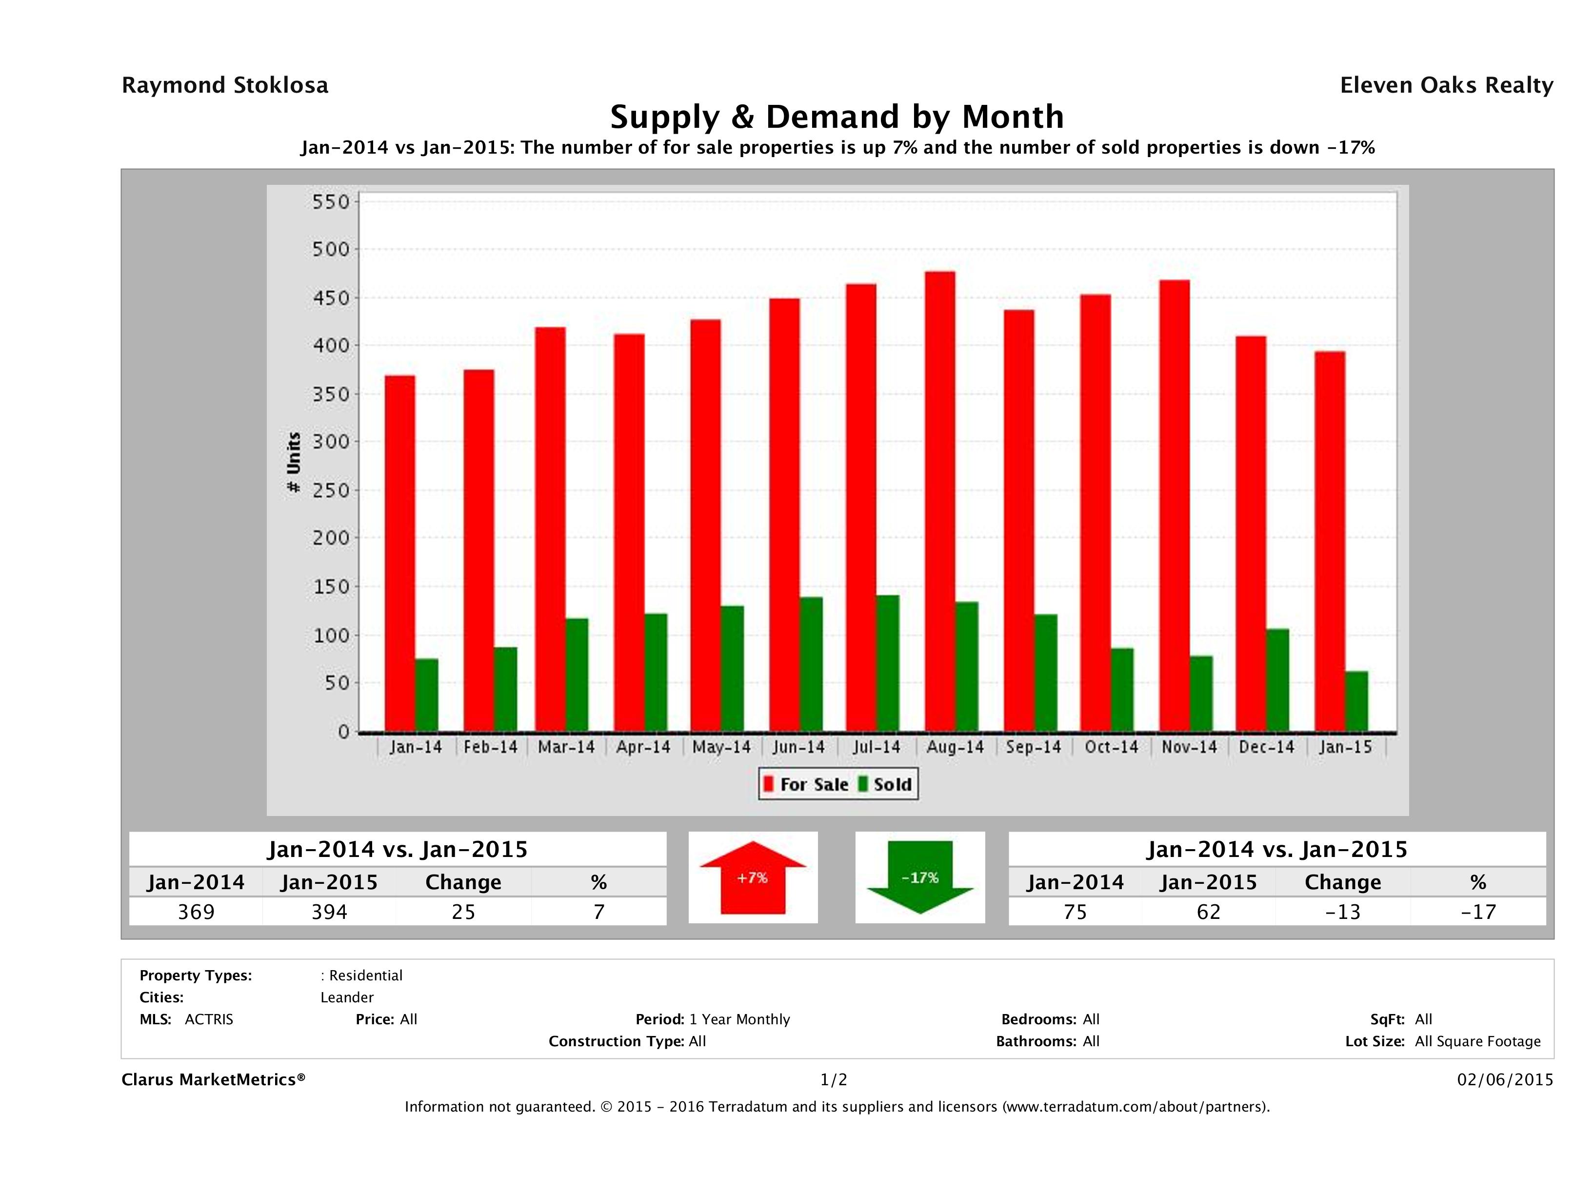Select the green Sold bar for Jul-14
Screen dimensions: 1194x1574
pyautogui.click(x=887, y=663)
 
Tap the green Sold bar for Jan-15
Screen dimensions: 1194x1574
pyautogui.click(x=1356, y=701)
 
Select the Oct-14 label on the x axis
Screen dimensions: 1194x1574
pyautogui.click(x=1111, y=747)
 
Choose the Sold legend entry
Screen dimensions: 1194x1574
pyautogui.click(x=885, y=784)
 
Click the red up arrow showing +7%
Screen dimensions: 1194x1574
pyautogui.click(x=753, y=877)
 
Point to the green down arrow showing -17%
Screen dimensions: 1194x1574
pyautogui.click(x=920, y=877)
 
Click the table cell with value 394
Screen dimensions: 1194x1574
pyautogui.click(x=329, y=912)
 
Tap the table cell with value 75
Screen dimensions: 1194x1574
pyautogui.click(x=1075, y=912)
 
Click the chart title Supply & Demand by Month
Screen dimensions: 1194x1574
pyautogui.click(x=837, y=117)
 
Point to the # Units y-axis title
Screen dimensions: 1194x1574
pyautogui.click(x=293, y=462)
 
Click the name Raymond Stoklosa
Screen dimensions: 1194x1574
pyautogui.click(x=225, y=85)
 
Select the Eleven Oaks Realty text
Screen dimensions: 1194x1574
pyautogui.click(x=1446, y=85)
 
